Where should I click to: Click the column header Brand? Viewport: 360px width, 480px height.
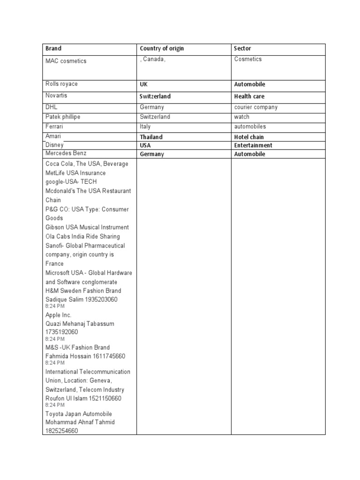click(53, 49)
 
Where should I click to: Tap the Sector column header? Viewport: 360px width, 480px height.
click(242, 49)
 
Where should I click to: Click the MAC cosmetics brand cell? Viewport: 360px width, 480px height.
click(66, 61)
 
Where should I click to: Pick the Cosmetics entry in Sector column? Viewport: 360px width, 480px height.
click(248, 59)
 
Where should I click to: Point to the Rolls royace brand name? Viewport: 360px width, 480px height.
click(61, 84)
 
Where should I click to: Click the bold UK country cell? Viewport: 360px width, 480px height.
click(143, 84)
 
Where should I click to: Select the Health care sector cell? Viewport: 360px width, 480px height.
click(249, 96)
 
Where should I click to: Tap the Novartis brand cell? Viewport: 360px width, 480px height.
click(56, 96)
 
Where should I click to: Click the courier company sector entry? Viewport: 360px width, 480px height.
click(256, 107)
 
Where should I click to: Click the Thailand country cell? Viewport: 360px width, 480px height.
click(151, 137)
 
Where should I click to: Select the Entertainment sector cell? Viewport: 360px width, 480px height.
click(253, 145)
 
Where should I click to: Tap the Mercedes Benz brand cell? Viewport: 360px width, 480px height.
click(66, 153)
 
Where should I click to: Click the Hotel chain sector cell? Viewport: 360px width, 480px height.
click(249, 137)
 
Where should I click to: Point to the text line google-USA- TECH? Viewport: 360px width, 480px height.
click(72, 182)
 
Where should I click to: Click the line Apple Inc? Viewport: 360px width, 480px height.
click(58, 315)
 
